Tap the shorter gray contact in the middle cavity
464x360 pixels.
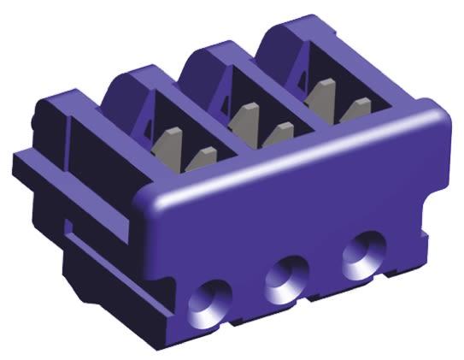[x=278, y=133]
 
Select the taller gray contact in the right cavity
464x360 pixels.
[x=321, y=92]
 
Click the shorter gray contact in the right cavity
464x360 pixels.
[x=354, y=109]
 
